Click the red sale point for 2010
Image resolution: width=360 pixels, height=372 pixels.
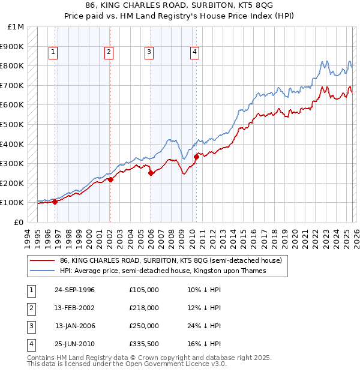[196, 157]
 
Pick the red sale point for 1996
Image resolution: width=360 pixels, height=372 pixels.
[55, 202]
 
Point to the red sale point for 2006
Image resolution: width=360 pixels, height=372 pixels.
[151, 173]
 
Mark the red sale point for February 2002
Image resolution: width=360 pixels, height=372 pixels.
[110, 179]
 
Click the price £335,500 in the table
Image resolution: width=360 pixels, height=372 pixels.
[144, 344]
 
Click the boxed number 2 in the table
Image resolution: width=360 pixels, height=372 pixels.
[29, 308]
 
